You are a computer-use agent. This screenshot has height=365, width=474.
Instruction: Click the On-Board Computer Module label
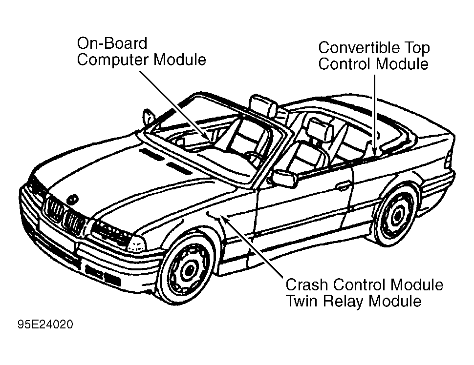pos(141,52)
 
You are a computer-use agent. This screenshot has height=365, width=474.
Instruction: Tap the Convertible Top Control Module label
pos(374,56)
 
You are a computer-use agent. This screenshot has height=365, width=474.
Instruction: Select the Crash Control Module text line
pos(364,284)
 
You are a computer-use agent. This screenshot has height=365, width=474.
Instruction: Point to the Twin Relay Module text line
pos(353,301)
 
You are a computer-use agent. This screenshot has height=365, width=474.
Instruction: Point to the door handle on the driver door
pos(344,185)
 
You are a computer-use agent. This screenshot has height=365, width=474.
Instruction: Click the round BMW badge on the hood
pos(73,199)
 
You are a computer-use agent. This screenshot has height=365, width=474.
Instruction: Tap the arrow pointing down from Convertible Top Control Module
pos(374,112)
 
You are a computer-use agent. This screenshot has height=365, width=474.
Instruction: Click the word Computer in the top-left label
pos(114,60)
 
